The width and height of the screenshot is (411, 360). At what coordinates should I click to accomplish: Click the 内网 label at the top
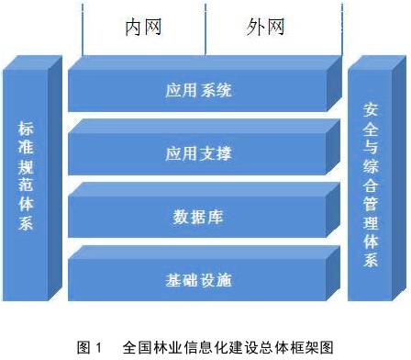pyautogui.click(x=143, y=27)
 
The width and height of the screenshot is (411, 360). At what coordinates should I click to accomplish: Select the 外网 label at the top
pyautogui.click(x=265, y=27)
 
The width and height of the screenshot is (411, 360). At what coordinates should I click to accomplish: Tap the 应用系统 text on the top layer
pyautogui.click(x=200, y=91)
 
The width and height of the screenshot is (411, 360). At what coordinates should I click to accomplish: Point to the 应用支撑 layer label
pyautogui.click(x=200, y=153)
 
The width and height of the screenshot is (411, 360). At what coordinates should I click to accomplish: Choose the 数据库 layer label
pyautogui.click(x=200, y=218)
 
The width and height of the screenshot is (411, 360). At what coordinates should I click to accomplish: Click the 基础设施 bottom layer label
pyautogui.click(x=200, y=280)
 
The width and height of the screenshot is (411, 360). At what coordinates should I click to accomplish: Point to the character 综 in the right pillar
pyautogui.click(x=370, y=168)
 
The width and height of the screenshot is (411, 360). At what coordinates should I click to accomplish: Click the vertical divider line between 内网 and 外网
pyautogui.click(x=205, y=28)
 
